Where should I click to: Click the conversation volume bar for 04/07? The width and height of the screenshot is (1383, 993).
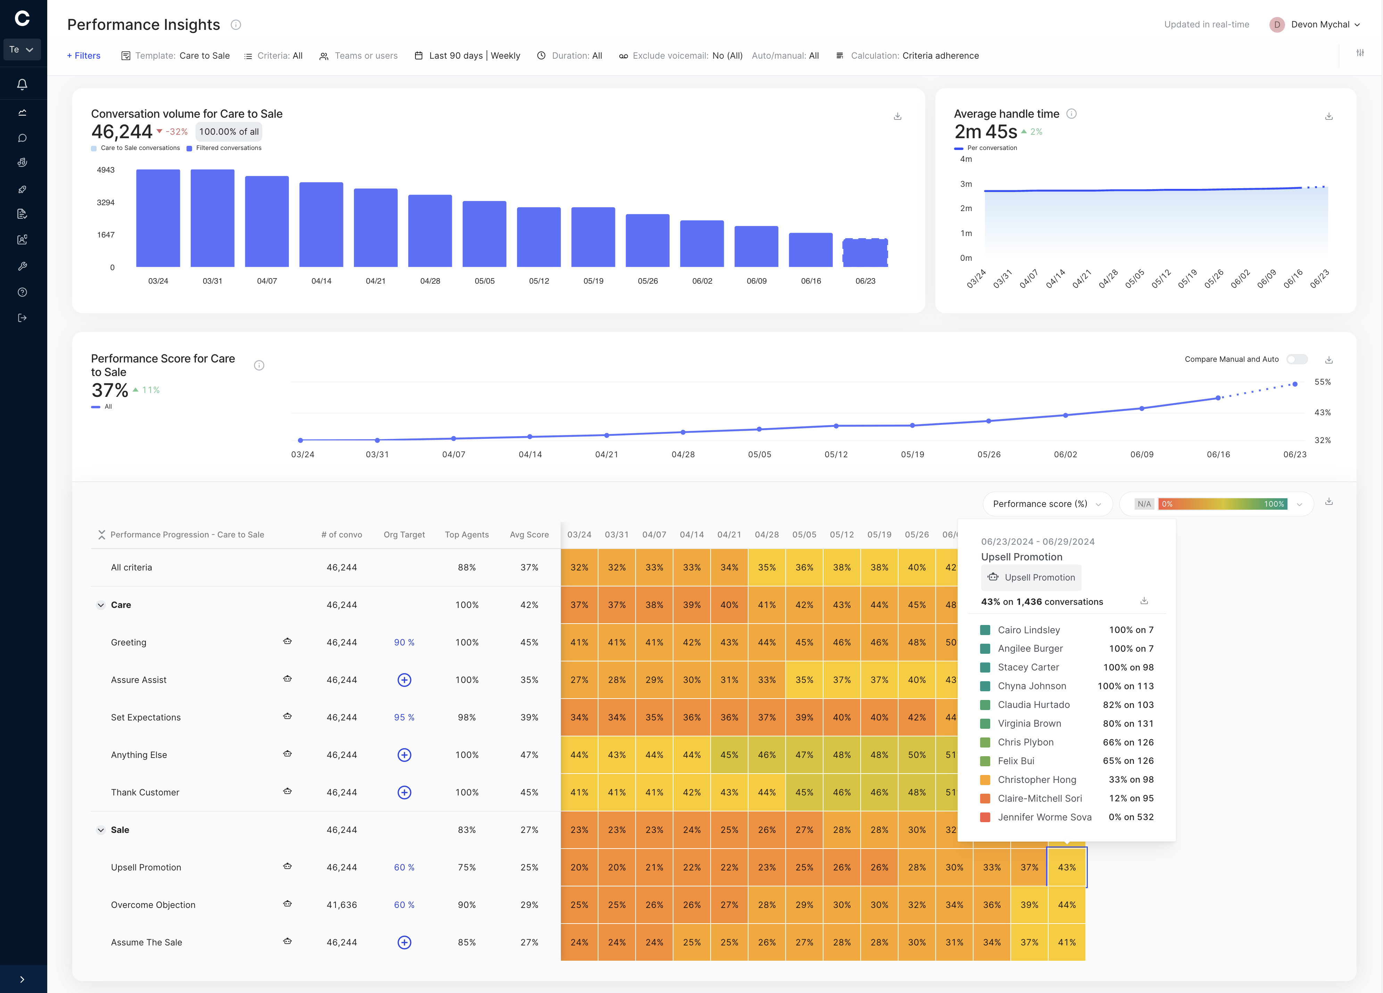coord(266,221)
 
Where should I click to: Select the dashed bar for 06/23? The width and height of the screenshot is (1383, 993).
coord(865,252)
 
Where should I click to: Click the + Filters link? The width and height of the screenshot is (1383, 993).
coord(84,56)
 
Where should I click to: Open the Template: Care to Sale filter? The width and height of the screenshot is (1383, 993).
coord(176,56)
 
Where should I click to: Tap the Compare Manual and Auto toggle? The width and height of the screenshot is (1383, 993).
coord(1297,359)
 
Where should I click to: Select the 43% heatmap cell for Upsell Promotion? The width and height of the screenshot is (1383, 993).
coord(1067,867)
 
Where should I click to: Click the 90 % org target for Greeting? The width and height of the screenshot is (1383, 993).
coord(404,642)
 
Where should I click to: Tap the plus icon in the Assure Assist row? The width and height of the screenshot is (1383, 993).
coord(404,680)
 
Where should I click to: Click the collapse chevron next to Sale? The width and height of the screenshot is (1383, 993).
coord(101,829)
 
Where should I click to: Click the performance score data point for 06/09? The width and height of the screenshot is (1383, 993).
coord(1142,408)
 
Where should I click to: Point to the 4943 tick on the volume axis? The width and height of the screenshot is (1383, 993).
coord(106,170)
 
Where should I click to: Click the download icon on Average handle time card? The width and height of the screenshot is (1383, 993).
coord(1329,116)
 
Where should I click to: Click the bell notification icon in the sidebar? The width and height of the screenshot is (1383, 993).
coord(22,84)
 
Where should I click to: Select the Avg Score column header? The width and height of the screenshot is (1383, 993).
coord(529,535)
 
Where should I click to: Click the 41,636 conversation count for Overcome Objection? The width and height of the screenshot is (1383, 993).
coord(341,904)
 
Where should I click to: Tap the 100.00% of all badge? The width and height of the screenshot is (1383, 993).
coord(229,132)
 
